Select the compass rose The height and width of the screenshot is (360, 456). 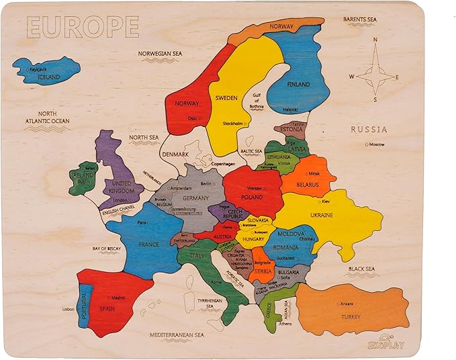point(375,75)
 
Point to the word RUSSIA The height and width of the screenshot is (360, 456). point(369,129)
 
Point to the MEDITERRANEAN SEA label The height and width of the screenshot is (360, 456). point(176,334)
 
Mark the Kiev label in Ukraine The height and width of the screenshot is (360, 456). point(325,201)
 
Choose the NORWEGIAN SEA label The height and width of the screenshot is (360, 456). point(161,53)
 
